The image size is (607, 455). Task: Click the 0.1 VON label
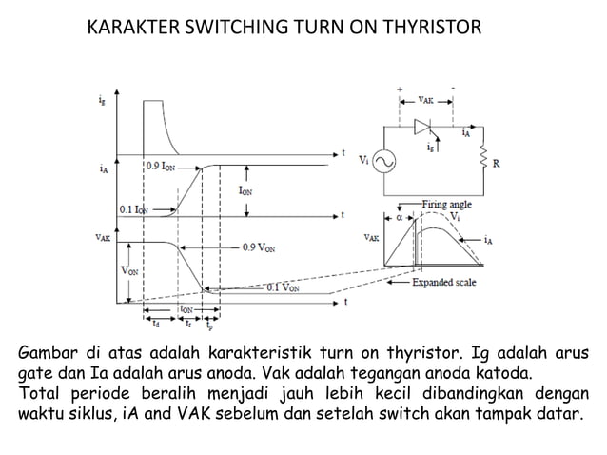tap(284, 287)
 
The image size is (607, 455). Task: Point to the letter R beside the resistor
tap(498, 163)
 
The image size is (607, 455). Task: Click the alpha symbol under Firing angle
tap(400, 216)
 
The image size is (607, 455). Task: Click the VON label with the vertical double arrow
tap(128, 269)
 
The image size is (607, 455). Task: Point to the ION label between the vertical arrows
tap(245, 189)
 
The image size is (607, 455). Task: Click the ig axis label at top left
tap(103, 97)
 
